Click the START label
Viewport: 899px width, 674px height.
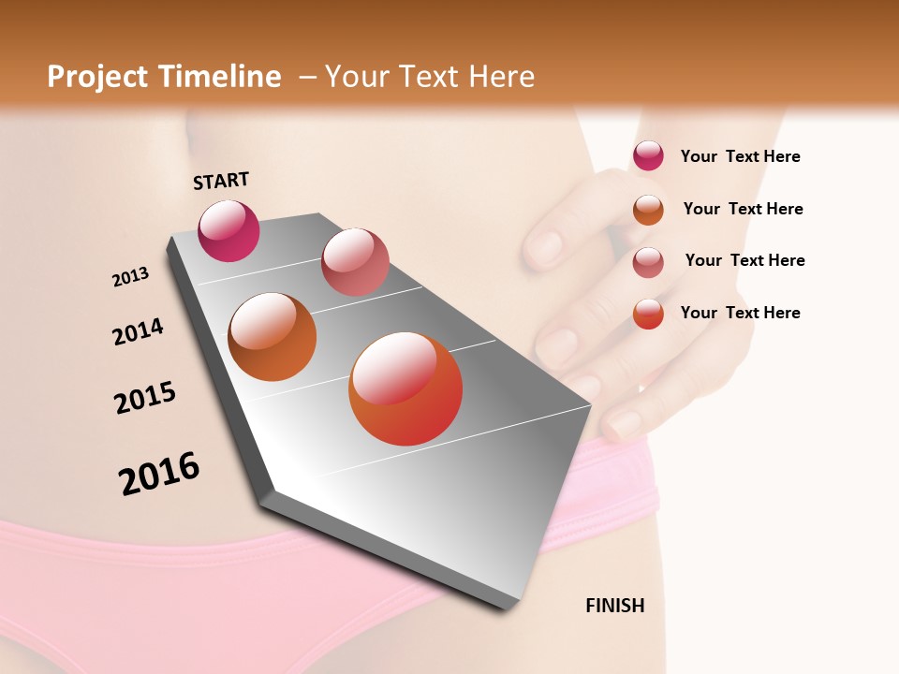point(221,181)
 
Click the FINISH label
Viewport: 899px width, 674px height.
point(614,606)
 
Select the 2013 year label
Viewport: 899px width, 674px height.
point(130,277)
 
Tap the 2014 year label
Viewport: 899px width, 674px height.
point(138,332)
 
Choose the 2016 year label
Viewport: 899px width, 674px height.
point(159,474)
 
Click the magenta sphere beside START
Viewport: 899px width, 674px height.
point(228,230)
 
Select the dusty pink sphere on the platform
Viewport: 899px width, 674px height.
point(355,261)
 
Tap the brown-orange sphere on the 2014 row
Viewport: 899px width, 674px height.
point(273,337)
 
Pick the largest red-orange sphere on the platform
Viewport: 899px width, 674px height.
point(405,388)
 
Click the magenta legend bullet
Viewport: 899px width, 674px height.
point(648,156)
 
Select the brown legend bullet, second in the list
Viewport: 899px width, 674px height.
point(648,209)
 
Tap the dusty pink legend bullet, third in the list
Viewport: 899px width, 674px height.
point(648,261)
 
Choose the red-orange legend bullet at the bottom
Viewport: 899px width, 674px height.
point(648,314)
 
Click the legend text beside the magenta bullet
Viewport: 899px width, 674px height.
point(740,156)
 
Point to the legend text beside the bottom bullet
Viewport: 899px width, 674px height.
point(740,313)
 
